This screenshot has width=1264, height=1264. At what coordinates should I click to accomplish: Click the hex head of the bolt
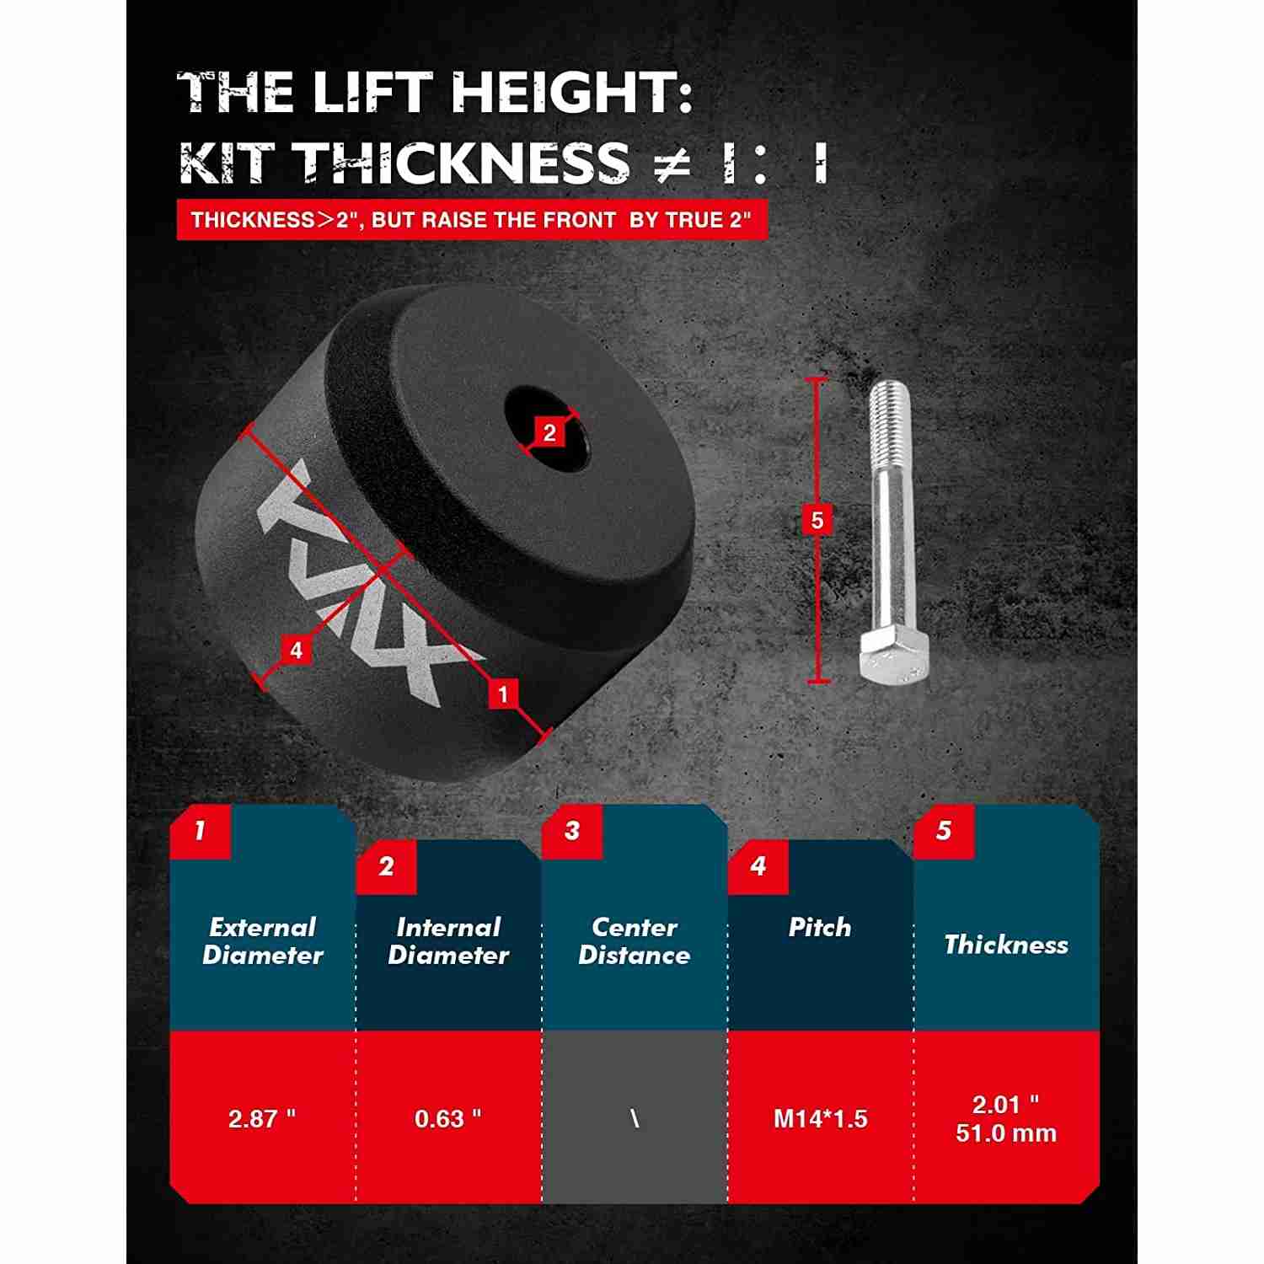[x=894, y=656]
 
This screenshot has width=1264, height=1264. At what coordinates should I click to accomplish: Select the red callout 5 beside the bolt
[x=817, y=521]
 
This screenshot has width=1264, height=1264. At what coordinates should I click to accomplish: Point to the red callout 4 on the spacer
[x=296, y=650]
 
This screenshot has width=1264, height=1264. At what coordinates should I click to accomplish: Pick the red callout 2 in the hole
[x=549, y=432]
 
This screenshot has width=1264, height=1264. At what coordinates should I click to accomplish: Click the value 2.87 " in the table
[x=262, y=1118]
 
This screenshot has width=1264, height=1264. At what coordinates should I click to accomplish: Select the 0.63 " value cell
[x=448, y=1118]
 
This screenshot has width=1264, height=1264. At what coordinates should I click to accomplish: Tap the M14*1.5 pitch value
[x=821, y=1118]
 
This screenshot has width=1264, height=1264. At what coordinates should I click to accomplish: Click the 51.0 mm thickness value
[x=1006, y=1133]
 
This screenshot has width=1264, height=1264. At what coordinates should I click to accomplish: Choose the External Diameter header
[x=263, y=941]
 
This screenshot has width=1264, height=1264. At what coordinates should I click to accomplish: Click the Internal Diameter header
[x=448, y=941]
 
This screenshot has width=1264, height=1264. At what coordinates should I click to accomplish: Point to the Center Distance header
[x=635, y=941]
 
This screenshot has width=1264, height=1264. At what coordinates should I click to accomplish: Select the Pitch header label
[x=820, y=928]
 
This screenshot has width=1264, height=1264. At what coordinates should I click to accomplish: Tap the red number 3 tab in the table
[x=572, y=831]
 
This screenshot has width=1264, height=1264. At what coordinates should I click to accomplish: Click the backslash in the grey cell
[x=634, y=1118]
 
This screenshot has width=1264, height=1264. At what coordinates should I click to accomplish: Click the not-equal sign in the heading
[x=672, y=163]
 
